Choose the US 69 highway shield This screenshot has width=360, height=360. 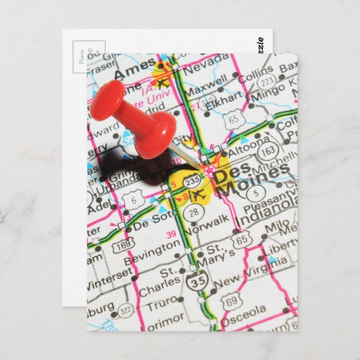click(231, 300)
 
